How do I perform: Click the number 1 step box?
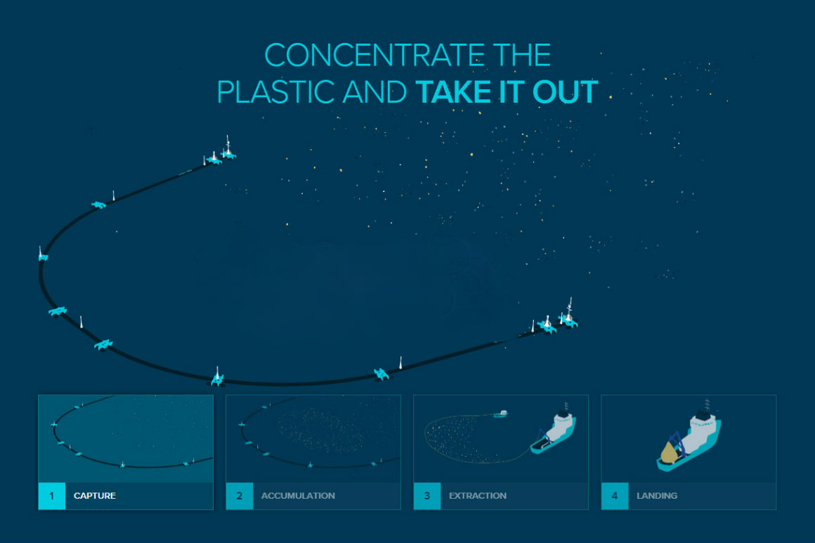point(51,496)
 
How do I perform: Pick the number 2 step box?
point(239,496)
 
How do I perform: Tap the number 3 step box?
point(426,496)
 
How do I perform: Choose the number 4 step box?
point(615,496)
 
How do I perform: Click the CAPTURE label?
point(95,496)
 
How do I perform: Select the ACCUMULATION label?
point(298,496)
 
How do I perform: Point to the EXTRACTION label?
point(478,496)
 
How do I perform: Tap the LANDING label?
point(657,496)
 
